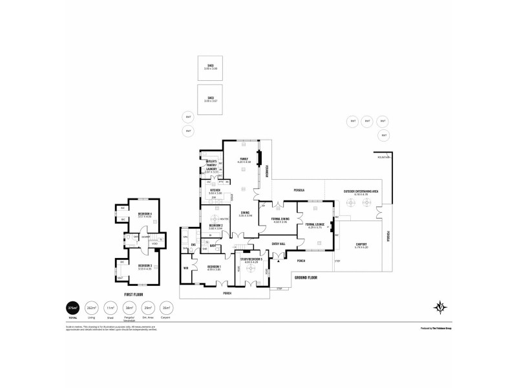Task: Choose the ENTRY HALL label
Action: [279, 244]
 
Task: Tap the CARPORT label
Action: [361, 245]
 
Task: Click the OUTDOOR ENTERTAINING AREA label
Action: [360, 192]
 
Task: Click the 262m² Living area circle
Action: [92, 309]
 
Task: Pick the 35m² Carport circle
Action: [167, 309]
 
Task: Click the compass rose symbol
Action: [440, 308]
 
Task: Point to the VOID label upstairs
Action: [154, 244]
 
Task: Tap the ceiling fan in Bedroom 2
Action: [215, 218]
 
